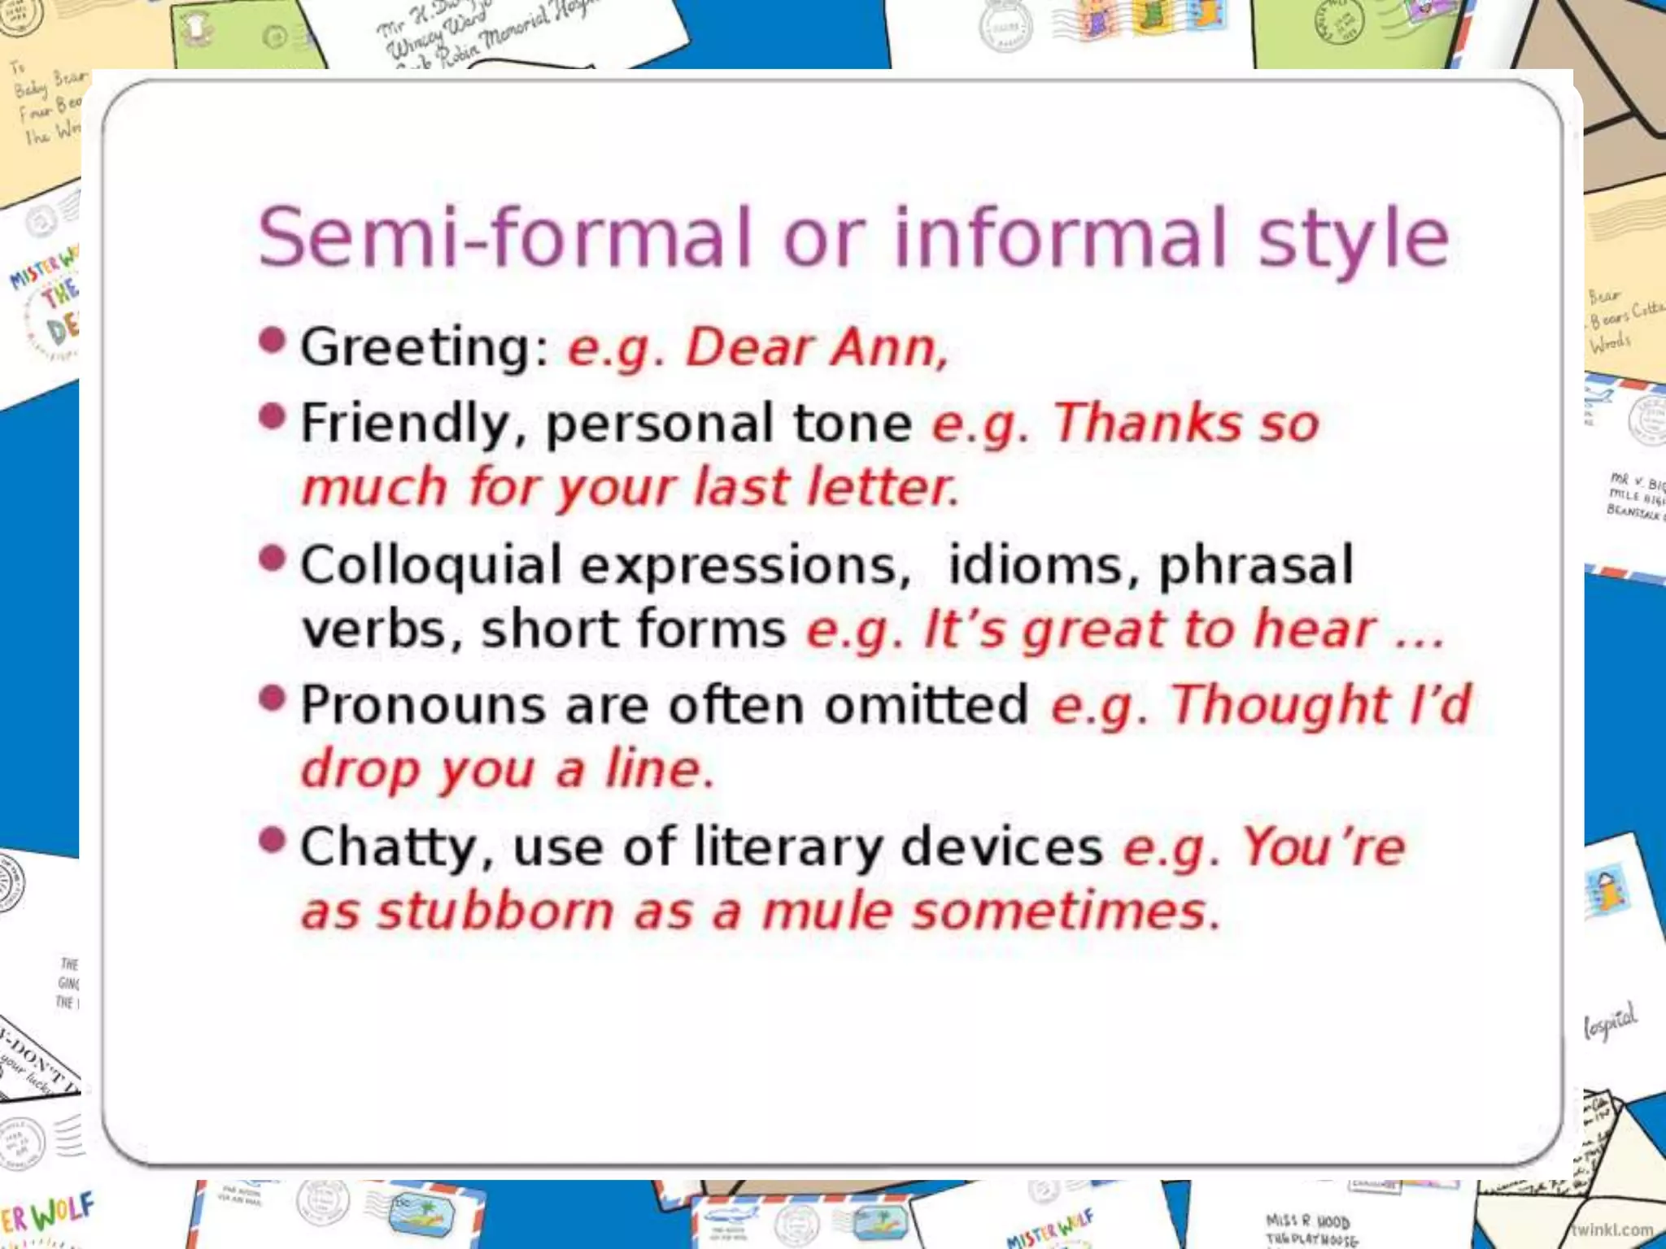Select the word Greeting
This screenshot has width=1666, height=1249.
[x=416, y=348]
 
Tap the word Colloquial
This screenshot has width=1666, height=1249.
[x=431, y=565]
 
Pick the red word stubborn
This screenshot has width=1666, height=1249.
[x=496, y=911]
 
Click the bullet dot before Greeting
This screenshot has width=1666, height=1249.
[x=273, y=339]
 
